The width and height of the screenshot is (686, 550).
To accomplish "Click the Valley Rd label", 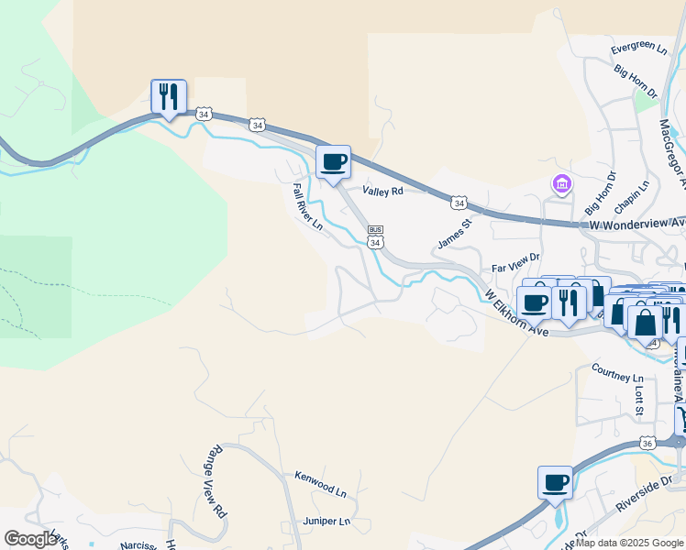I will point(382,192).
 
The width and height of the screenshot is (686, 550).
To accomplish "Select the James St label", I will point(454,232).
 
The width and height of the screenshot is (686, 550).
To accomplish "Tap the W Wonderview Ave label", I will point(636,224).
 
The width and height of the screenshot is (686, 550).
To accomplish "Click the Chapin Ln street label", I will point(633,196).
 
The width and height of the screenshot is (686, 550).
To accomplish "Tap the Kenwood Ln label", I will point(320,483).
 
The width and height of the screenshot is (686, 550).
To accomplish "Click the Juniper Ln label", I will point(327,522).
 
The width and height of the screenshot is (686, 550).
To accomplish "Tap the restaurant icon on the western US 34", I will point(169,95).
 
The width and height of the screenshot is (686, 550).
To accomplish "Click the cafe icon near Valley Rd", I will point(334,161).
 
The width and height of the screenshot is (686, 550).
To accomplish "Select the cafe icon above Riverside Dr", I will point(555,482).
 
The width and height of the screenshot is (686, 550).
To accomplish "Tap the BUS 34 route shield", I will point(375,236).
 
